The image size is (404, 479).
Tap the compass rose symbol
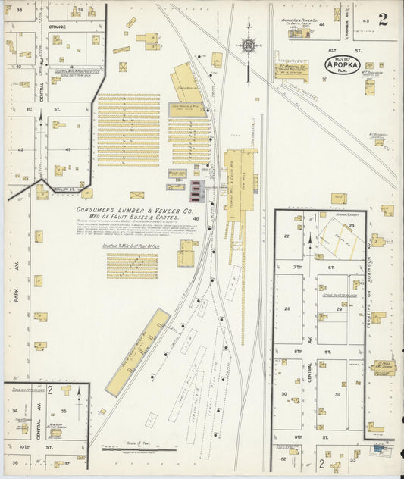249,46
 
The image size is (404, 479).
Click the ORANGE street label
58,26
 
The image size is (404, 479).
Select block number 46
196,218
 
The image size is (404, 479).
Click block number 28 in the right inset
287,308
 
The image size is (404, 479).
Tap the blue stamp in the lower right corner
376,449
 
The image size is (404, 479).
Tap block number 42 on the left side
21,149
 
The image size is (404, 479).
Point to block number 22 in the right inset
287,236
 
